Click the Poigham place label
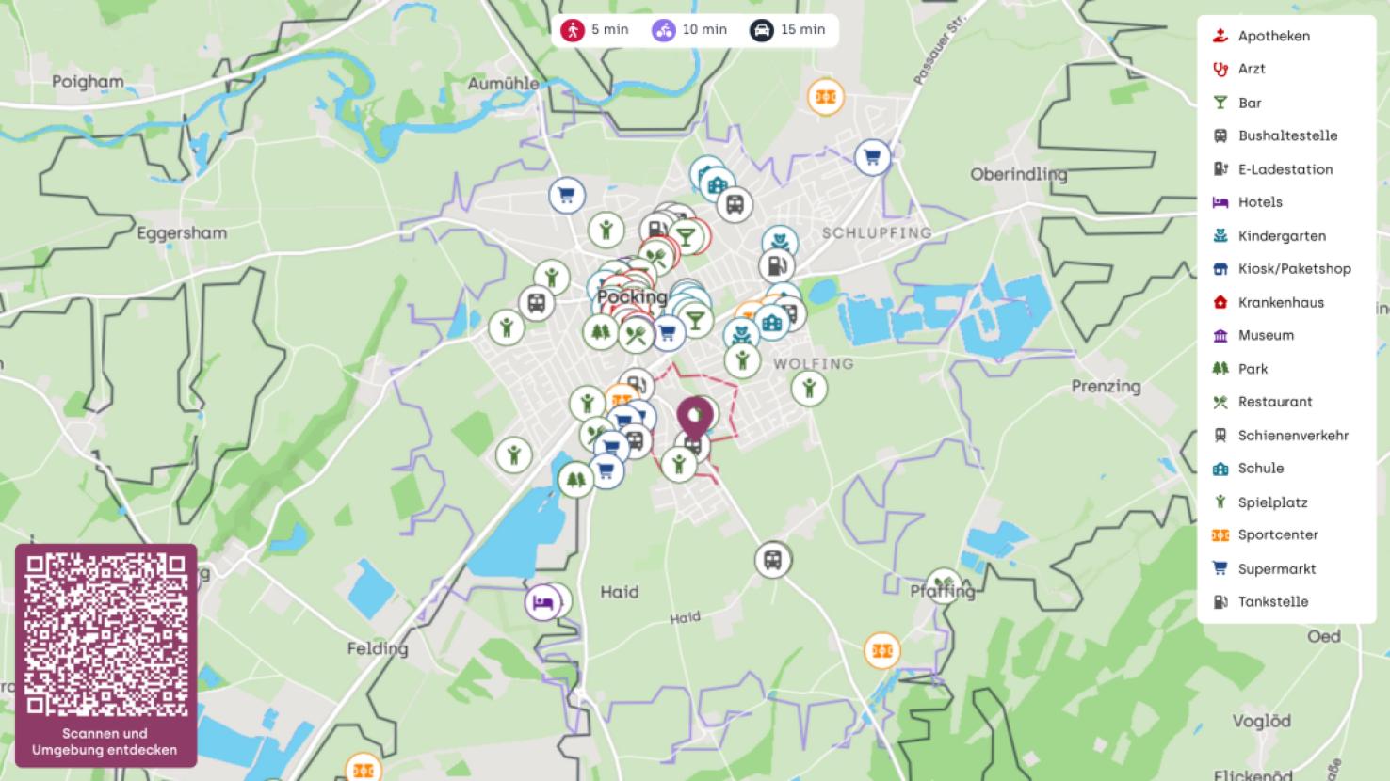(88, 82)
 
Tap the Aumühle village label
(504, 84)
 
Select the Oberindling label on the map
(1019, 174)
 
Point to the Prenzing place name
(1106, 386)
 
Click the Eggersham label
(182, 232)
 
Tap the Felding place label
(378, 648)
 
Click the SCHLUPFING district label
(877, 232)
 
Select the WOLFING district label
(814, 363)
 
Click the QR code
(105, 634)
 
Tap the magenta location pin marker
(695, 418)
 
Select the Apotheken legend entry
(1273, 36)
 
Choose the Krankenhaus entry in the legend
(1280, 302)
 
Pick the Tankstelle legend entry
(1272, 601)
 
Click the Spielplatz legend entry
(1272, 502)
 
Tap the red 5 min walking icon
(573, 30)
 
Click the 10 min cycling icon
(664, 30)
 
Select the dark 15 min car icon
(762, 30)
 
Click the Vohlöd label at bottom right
(1261, 721)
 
